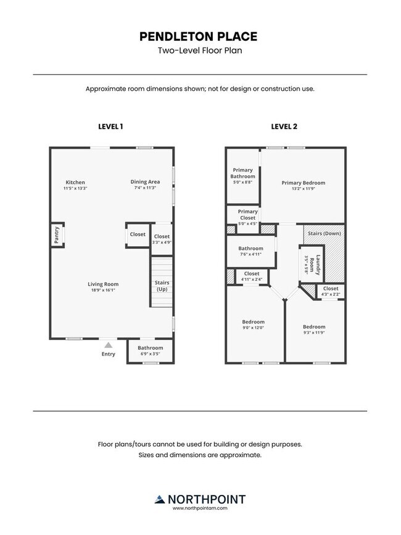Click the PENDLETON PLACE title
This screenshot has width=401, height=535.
pyautogui.click(x=198, y=36)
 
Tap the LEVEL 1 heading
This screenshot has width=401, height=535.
pyautogui.click(x=110, y=126)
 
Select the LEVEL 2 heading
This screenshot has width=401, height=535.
pyautogui.click(x=284, y=126)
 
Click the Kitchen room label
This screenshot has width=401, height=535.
pyautogui.click(x=75, y=182)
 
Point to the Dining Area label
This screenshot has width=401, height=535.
pyautogui.click(x=145, y=182)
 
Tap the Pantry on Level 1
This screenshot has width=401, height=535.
pyautogui.click(x=57, y=234)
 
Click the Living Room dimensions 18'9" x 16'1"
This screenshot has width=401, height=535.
pyautogui.click(x=103, y=290)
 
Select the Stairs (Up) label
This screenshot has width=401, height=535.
pyautogui.click(x=162, y=286)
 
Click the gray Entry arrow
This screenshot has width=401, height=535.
pyautogui.click(x=108, y=345)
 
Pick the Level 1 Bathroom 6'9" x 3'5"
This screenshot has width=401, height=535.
pyautogui.click(x=151, y=350)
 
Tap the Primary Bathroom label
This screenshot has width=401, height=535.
pyautogui.click(x=243, y=173)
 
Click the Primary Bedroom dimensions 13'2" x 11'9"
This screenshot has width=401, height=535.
pyautogui.click(x=303, y=189)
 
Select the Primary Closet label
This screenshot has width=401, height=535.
pyautogui.click(x=247, y=215)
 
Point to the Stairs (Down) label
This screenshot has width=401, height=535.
pyautogui.click(x=325, y=233)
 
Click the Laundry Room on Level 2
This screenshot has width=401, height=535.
pyautogui.click(x=312, y=263)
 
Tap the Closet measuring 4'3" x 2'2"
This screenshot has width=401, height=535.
pyautogui.click(x=331, y=291)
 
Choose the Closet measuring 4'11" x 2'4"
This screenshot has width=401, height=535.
pyautogui.click(x=252, y=276)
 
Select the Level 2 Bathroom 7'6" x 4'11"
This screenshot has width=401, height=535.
pyautogui.click(x=251, y=251)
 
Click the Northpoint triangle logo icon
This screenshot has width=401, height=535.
pyautogui.click(x=160, y=499)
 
